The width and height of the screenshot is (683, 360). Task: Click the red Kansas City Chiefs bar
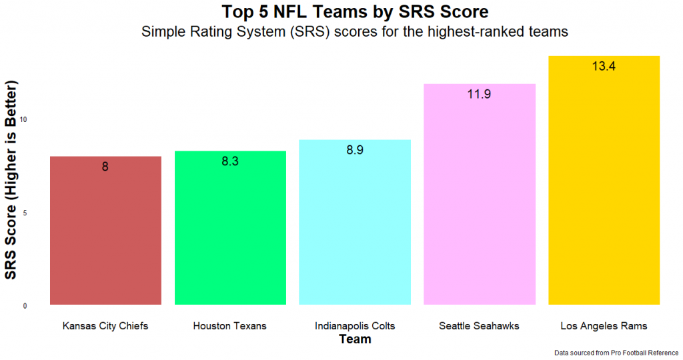[x=105, y=233]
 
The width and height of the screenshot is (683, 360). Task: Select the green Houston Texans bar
[x=230, y=230]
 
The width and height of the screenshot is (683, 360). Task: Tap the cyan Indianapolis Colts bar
[x=355, y=223]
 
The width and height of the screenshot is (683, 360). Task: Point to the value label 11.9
[x=480, y=94]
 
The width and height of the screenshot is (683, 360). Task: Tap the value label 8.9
[x=355, y=150]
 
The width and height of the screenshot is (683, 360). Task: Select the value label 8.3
[x=230, y=161]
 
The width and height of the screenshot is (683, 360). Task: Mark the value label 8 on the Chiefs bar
[x=105, y=167]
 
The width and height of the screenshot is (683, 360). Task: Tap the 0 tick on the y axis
[x=25, y=306]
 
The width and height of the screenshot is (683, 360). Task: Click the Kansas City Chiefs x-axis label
[x=105, y=326]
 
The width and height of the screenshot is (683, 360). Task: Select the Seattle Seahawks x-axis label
[x=480, y=326]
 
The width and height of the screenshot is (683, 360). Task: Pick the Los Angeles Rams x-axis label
[x=604, y=326]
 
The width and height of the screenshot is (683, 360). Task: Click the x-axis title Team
[x=355, y=339]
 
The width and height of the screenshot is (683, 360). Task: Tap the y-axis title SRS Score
[x=11, y=180]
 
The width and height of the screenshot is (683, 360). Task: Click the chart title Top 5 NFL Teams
[x=355, y=12]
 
